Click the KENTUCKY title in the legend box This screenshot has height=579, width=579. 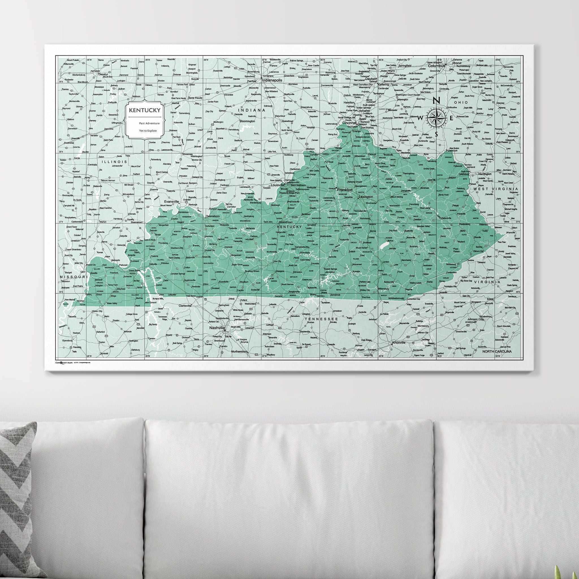144,110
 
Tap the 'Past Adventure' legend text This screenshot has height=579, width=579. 149,123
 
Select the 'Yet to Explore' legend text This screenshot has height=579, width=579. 148,130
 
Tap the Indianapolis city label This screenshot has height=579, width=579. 272,81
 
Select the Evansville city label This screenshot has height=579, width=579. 171,202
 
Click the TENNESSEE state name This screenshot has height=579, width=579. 321,319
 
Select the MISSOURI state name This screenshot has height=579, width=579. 73,276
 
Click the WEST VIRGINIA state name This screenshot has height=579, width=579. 495,189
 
